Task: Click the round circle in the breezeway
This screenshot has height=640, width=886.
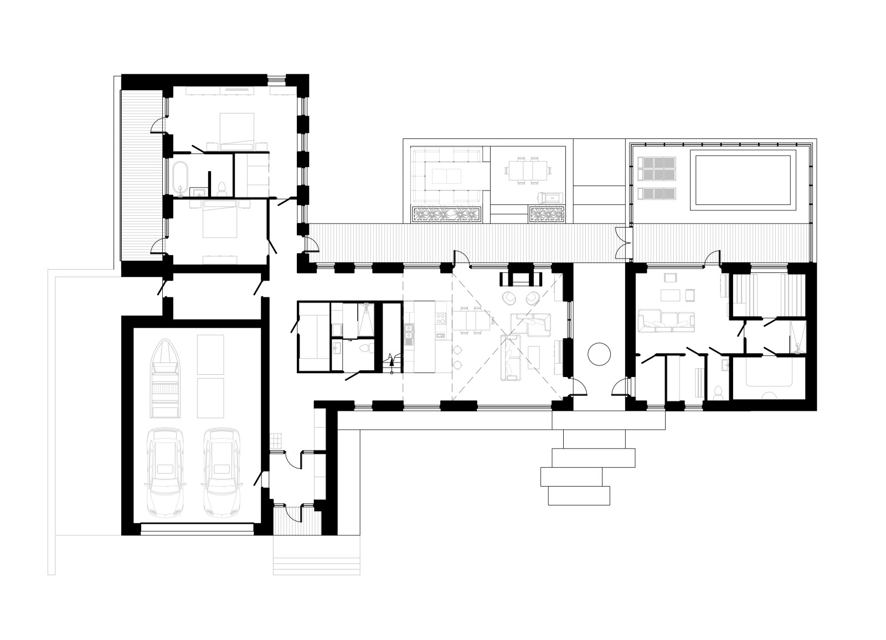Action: (x=599, y=353)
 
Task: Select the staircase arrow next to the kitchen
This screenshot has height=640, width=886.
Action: (x=391, y=363)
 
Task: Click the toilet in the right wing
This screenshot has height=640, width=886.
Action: (x=718, y=391)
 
